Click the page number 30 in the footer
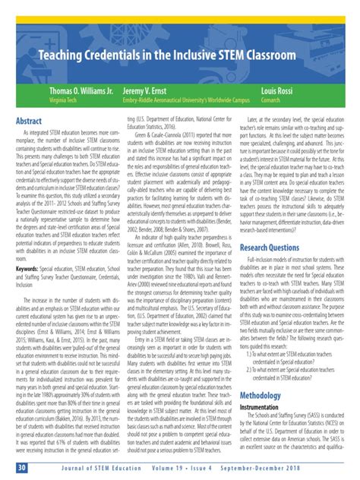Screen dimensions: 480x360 [22, 466]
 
